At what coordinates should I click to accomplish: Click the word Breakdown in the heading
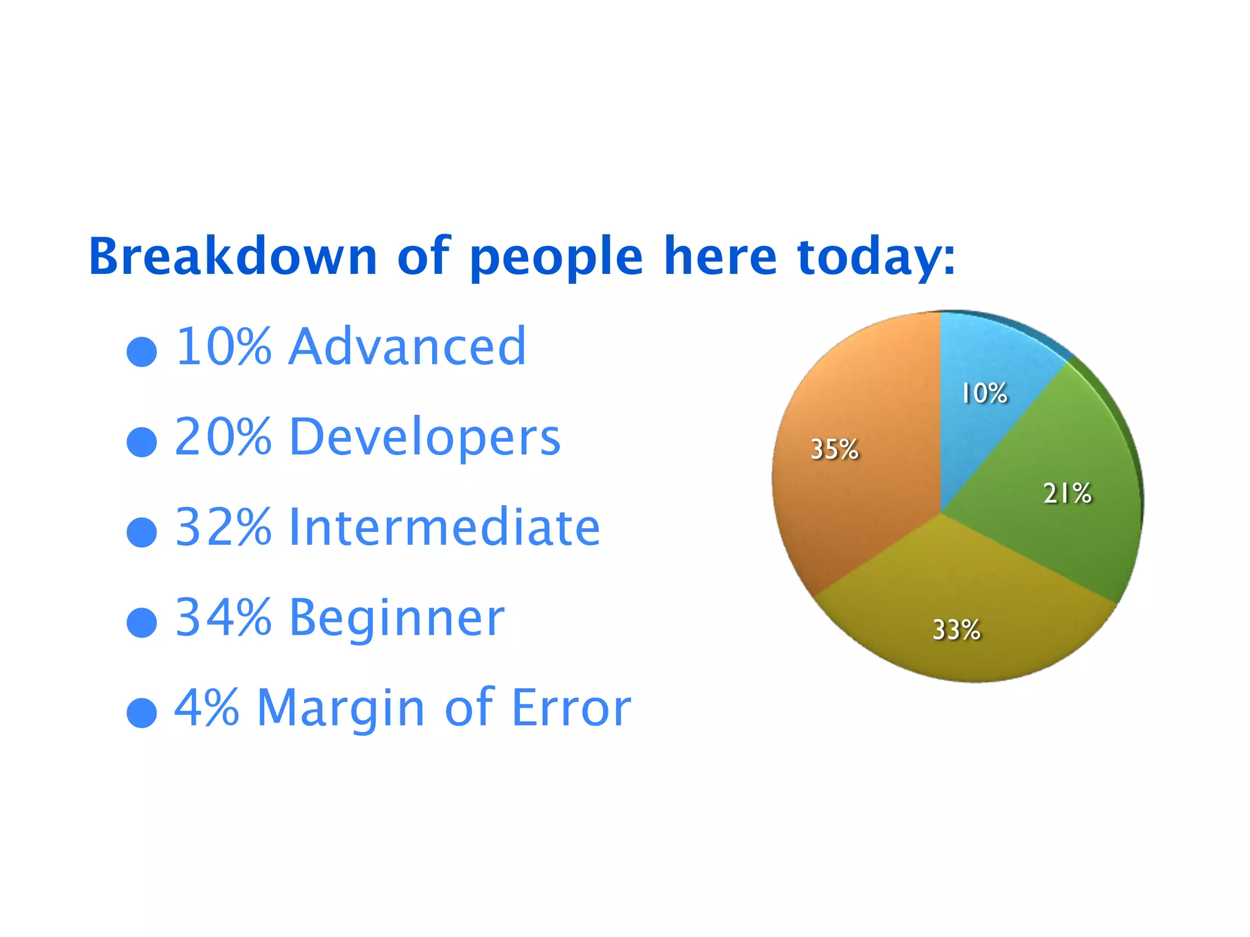233,256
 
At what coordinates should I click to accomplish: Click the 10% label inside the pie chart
984,393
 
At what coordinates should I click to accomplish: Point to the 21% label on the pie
1067,493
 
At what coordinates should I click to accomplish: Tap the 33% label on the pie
956,630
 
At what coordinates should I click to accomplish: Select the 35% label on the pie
834,450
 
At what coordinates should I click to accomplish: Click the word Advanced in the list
407,346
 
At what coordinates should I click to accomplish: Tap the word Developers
424,437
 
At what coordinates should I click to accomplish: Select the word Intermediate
444,527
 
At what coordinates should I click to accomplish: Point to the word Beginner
397,618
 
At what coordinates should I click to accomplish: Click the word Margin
341,709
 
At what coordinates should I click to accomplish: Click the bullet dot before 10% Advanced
142,352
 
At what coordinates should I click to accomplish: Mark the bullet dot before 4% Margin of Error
142,713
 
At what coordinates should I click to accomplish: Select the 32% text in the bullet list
223,527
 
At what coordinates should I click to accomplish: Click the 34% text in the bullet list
223,617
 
